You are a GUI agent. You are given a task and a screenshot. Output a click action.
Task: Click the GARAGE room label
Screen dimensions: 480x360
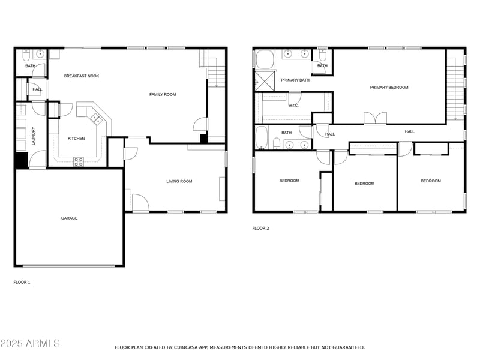(x=69, y=218)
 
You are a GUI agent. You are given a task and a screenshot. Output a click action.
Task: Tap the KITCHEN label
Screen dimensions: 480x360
(x=76, y=139)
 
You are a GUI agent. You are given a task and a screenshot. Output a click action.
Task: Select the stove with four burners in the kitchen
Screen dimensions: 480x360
(x=79, y=161)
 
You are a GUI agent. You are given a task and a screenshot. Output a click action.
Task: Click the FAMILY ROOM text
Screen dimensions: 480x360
(x=163, y=94)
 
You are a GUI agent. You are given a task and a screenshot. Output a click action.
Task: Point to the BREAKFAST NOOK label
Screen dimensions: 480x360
(x=82, y=76)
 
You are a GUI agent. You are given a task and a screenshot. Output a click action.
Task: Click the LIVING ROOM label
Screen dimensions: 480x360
(x=179, y=181)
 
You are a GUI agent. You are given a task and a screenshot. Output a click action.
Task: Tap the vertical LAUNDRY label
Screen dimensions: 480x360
(x=34, y=136)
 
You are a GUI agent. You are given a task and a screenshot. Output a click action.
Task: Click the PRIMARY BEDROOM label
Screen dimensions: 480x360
(x=389, y=87)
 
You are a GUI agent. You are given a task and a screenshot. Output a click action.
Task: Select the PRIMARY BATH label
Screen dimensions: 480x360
(x=295, y=80)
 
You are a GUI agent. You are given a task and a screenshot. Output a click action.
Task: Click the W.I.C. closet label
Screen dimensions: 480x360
(x=293, y=106)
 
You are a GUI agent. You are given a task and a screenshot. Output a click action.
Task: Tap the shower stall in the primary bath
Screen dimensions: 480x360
(x=265, y=81)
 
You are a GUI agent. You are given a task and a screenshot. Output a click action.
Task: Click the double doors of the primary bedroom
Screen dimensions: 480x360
(x=375, y=118)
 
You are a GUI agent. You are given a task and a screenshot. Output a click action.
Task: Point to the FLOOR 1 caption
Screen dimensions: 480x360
(x=22, y=282)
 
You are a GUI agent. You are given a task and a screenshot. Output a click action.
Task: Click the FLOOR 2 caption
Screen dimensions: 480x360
(x=260, y=228)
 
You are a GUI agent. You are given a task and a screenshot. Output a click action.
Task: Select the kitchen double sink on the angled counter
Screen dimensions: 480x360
(x=97, y=118)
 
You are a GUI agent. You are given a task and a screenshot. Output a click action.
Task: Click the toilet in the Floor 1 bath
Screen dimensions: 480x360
(x=26, y=55)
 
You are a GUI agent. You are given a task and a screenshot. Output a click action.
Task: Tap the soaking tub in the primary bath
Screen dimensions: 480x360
(x=265, y=59)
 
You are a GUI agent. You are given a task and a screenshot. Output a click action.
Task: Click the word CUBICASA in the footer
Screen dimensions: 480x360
(x=186, y=347)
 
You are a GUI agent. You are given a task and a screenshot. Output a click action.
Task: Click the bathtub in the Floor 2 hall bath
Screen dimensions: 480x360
(x=262, y=137)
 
